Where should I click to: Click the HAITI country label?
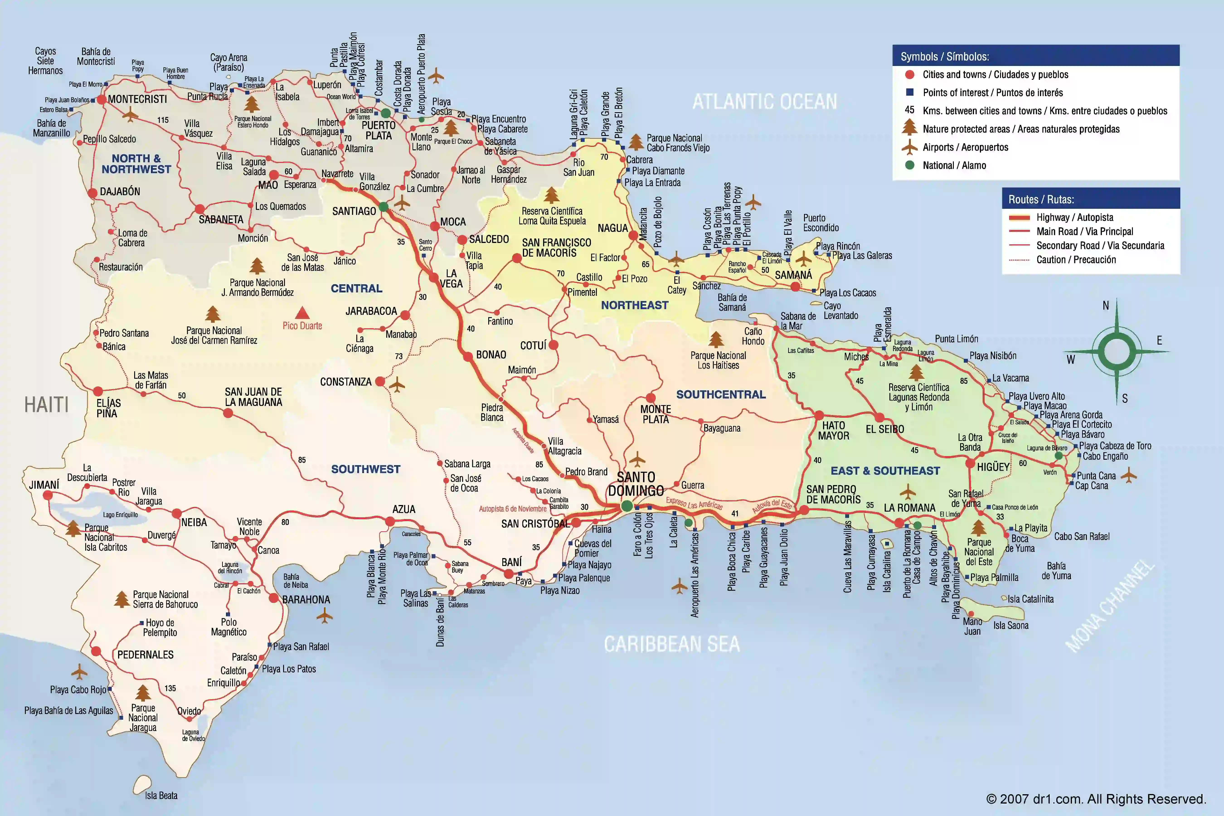pos(46,404)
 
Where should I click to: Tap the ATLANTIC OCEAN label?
pos(765,102)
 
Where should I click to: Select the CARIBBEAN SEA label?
pos(671,644)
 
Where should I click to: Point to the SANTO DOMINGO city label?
pos(636,484)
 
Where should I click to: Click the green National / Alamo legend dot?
pos(910,165)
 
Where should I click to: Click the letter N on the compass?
pos(1106,306)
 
